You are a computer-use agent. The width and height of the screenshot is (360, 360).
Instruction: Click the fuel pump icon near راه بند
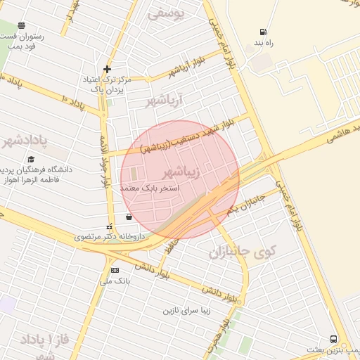pos(263,32)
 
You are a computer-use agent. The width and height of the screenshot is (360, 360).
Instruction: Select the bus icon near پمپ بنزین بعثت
pos(333,338)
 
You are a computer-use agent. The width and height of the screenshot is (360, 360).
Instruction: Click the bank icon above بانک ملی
pos(115,270)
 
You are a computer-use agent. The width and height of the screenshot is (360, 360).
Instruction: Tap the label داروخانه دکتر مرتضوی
pos(110,237)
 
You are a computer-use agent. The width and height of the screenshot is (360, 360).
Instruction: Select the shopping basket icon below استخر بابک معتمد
pos(128,217)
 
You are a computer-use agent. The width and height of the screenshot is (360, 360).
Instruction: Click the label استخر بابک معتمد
pos(150,188)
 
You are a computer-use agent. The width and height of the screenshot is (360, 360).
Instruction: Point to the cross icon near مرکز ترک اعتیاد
pos(107,69)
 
